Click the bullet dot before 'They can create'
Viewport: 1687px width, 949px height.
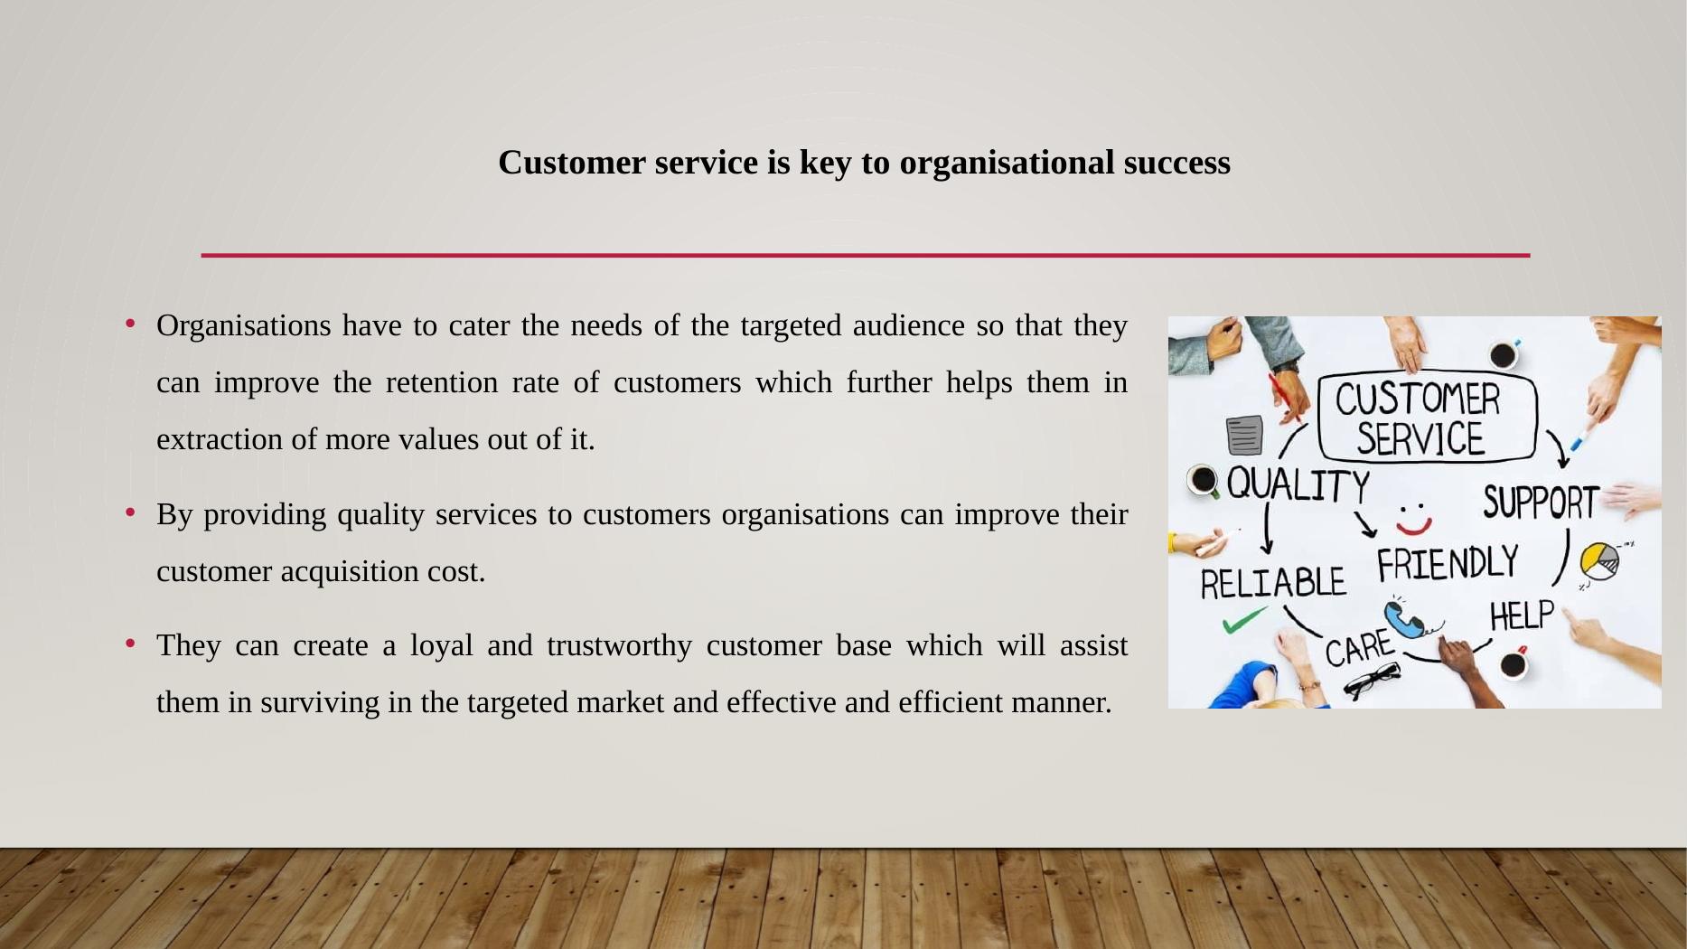(131, 644)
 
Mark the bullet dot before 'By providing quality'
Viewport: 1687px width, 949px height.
(131, 512)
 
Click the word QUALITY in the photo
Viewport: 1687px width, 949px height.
(1298, 485)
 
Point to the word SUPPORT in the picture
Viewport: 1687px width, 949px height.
(1540, 503)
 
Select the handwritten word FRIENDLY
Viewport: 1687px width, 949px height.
(1447, 564)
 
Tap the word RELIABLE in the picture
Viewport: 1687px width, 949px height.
(1272, 584)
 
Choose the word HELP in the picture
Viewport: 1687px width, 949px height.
(1522, 616)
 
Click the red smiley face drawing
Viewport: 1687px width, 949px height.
(1413, 520)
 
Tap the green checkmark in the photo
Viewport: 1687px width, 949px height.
(1243, 621)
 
